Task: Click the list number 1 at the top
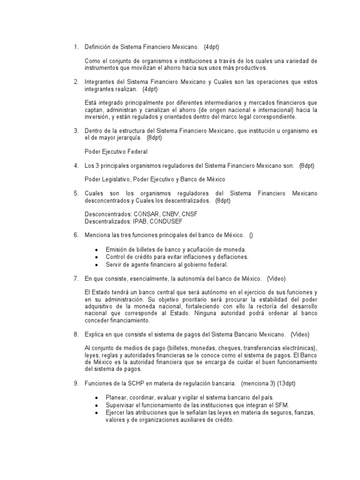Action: [x=76, y=47]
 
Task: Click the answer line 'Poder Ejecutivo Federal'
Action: [x=115, y=151]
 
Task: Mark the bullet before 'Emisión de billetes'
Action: [x=96, y=250]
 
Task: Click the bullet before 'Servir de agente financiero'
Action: [x=96, y=264]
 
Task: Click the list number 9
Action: [x=76, y=383]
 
